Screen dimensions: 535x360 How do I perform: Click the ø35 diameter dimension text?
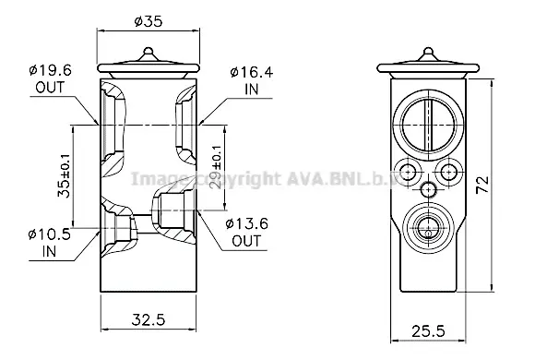pos(149,21)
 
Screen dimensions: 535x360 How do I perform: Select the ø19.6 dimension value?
pos(51,71)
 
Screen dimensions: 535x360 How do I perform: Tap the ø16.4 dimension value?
pos(252,72)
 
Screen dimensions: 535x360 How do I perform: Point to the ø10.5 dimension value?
pos(50,234)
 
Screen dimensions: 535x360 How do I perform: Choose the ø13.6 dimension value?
pos(246,224)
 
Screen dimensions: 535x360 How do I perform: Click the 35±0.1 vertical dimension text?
pos(65,175)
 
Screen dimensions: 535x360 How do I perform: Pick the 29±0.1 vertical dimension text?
pos(216,167)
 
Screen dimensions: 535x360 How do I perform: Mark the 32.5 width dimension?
pos(149,320)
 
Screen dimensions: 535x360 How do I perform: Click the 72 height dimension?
pos(482,185)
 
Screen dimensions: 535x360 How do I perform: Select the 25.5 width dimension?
pos(429,331)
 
